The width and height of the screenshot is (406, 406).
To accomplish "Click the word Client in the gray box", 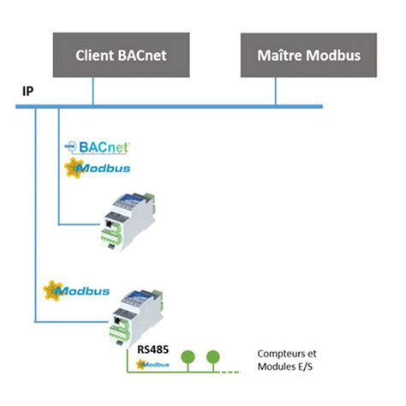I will pyautogui.click(x=97, y=57).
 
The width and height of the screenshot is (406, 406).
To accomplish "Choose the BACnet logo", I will pyautogui.click(x=96, y=146).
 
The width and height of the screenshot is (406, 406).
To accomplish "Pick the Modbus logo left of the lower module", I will pyautogui.click(x=78, y=291).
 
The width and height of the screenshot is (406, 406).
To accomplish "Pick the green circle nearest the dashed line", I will pyautogui.click(x=212, y=354).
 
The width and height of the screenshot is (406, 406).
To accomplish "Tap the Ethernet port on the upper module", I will pyautogui.click(x=110, y=226).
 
